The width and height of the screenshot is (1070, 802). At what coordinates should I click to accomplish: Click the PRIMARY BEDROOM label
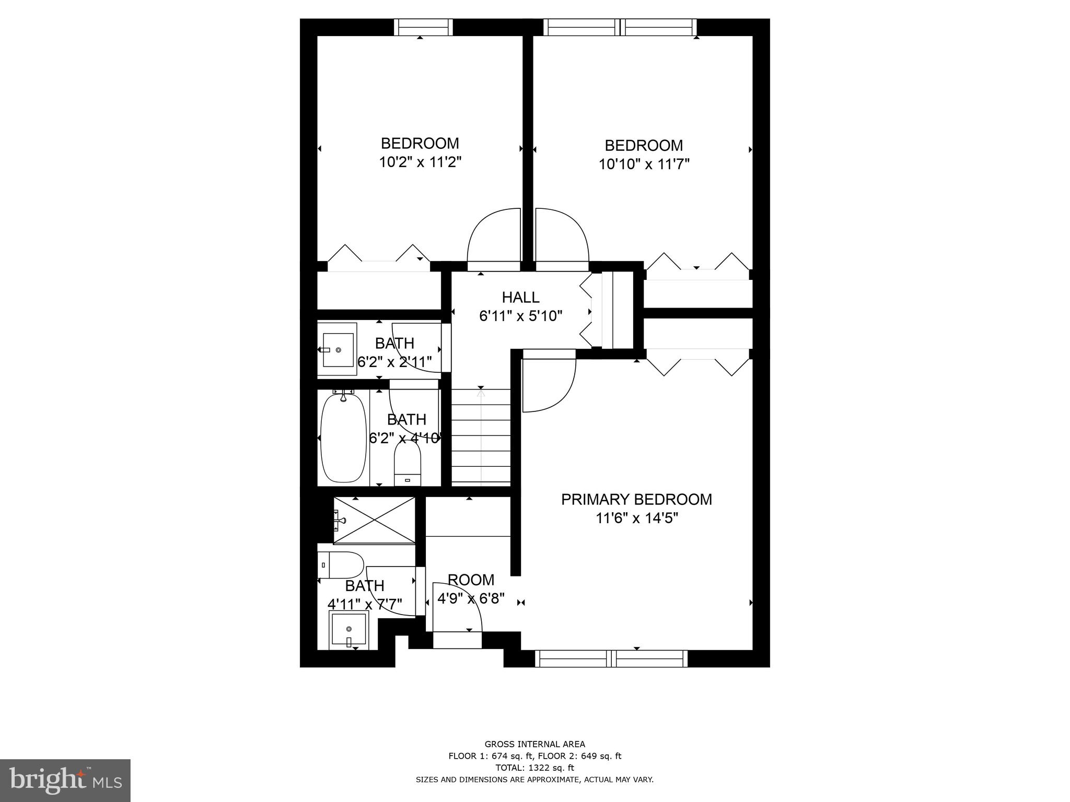pos(636,500)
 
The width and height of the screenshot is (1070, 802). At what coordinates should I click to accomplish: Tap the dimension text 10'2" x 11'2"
pos(420,162)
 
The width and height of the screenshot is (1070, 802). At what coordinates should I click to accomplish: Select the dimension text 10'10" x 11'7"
pos(644,164)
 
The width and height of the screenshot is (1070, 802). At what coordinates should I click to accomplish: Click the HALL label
pos(520,298)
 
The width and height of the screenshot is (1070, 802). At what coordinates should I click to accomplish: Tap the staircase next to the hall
pos(481,436)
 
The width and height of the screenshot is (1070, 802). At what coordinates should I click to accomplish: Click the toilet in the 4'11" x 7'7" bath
pos(341,565)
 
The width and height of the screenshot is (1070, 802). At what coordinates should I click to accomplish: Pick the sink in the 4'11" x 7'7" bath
pos(348,630)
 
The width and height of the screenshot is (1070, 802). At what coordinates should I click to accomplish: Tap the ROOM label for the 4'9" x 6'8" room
pos(471,580)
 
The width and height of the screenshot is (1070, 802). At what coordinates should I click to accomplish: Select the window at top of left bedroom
pos(423,27)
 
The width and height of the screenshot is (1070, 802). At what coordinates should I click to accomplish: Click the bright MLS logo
pos(65,780)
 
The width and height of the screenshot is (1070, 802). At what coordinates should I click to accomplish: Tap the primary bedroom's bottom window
pos(611,658)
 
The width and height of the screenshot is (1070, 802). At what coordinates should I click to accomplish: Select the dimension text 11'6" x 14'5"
pos(637,518)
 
